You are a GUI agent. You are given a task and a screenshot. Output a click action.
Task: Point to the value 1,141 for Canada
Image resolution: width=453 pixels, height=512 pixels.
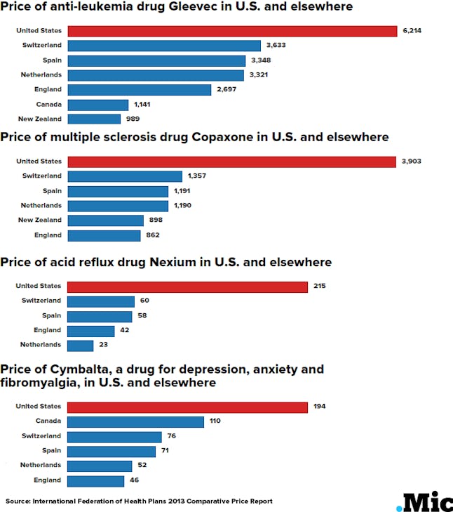pyautogui.click(x=142, y=105)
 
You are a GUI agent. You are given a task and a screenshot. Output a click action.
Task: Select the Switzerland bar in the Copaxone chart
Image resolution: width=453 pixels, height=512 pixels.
pyautogui.click(x=125, y=176)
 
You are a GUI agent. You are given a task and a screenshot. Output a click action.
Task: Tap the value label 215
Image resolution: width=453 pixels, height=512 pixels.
pyautogui.click(x=320, y=287)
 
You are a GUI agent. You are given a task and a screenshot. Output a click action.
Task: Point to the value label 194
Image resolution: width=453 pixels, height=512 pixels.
pyautogui.click(x=320, y=407)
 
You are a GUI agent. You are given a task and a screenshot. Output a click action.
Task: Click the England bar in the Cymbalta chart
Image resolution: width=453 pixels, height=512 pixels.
pyautogui.click(x=96, y=480)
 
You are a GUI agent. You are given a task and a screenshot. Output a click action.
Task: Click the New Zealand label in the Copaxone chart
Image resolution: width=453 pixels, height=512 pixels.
pyautogui.click(x=42, y=221)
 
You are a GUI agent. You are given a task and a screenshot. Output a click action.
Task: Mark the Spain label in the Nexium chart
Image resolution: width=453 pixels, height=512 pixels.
pyautogui.click(x=52, y=316)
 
